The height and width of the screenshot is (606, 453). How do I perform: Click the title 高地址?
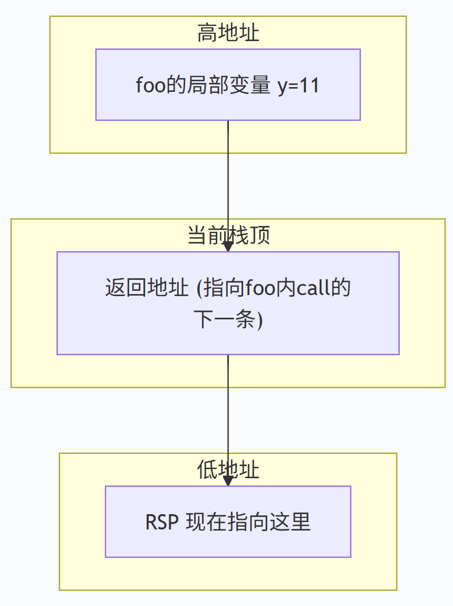point(228,33)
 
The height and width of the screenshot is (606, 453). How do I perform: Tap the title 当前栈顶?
point(228,235)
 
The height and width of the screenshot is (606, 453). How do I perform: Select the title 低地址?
point(228,470)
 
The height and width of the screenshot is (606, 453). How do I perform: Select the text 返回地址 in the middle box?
point(147,288)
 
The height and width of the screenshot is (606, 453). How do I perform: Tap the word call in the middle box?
point(309,288)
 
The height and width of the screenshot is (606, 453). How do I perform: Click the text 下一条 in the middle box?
point(225,319)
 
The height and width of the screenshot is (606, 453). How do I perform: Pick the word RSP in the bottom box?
point(162,522)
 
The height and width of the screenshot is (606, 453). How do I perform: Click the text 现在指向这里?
point(248,522)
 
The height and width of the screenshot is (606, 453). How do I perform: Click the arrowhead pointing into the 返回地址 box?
point(228,247)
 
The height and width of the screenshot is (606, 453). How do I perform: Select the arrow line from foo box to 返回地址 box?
point(228,186)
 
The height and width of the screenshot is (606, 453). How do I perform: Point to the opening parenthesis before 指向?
point(199,288)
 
